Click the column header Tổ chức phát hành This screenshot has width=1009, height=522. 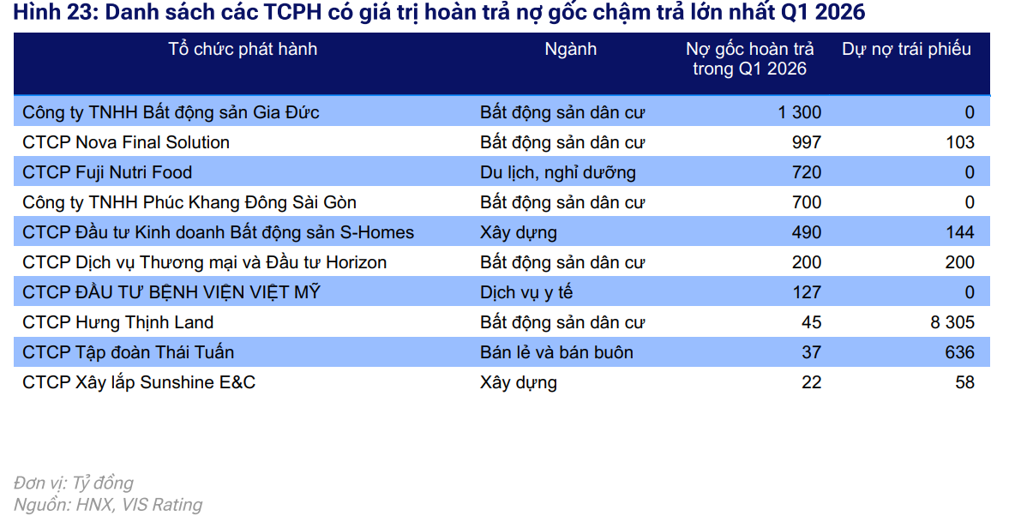point(243,49)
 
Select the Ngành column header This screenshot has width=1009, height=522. point(570,49)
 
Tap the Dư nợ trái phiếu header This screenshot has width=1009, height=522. point(906,49)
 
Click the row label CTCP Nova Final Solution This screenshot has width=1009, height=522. point(126,142)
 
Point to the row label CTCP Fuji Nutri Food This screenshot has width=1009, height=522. point(107,172)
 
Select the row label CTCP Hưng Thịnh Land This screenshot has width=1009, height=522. point(117,322)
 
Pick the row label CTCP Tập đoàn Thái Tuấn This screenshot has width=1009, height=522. point(128,352)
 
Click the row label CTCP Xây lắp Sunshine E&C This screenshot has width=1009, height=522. point(139,382)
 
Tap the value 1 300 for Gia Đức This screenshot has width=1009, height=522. point(799,112)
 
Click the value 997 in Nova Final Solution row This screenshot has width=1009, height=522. point(807,142)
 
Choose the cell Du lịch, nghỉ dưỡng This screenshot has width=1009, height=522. point(557,172)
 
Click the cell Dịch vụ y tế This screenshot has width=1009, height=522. point(526,292)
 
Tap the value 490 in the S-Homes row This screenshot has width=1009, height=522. point(807,232)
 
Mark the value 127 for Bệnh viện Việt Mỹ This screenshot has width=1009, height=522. point(807,292)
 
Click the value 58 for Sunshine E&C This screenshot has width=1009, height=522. point(964,382)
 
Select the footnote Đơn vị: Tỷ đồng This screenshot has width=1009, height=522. point(73,483)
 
